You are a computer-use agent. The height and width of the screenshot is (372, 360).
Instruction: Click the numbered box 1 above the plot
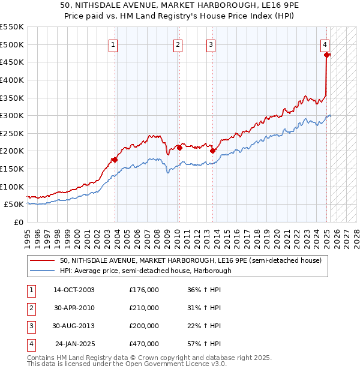tap(114, 43)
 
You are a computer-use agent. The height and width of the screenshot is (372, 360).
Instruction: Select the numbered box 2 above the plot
tap(179, 43)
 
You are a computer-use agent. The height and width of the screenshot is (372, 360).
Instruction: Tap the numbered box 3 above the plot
tap(211, 43)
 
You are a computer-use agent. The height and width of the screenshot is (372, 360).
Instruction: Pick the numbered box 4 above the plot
tap(325, 43)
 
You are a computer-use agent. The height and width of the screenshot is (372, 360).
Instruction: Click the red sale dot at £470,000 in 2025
tap(327, 55)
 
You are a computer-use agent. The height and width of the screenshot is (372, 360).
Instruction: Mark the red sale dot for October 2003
tap(115, 160)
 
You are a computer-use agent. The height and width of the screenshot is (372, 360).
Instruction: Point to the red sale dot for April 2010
tap(179, 148)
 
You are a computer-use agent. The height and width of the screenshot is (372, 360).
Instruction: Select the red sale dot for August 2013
tap(212, 151)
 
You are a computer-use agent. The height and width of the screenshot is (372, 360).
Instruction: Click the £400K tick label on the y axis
tap(12, 79)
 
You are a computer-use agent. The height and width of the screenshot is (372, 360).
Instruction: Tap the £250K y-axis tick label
tap(12, 133)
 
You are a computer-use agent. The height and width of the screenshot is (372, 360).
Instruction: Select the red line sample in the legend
tap(43, 260)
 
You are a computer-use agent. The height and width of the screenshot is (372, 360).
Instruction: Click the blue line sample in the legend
tap(43, 271)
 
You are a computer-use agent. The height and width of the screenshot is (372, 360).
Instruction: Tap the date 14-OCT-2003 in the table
tap(74, 290)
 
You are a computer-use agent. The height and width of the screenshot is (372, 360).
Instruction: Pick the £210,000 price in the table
tap(144, 308)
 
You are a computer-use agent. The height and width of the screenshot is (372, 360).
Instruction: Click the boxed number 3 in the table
tap(31, 326)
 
